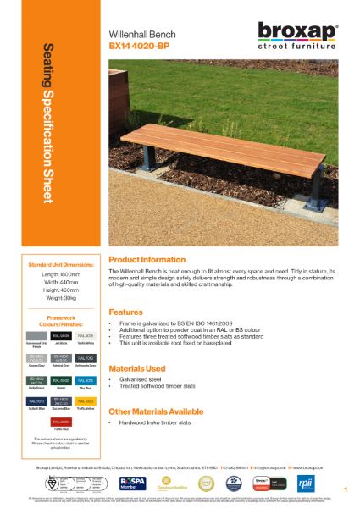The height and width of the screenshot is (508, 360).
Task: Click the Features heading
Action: click(x=127, y=311)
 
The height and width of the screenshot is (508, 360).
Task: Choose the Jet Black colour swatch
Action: click(x=62, y=336)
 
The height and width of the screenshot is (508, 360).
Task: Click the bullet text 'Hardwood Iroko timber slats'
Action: click(x=161, y=422)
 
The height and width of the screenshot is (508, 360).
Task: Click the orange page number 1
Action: click(x=346, y=489)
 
